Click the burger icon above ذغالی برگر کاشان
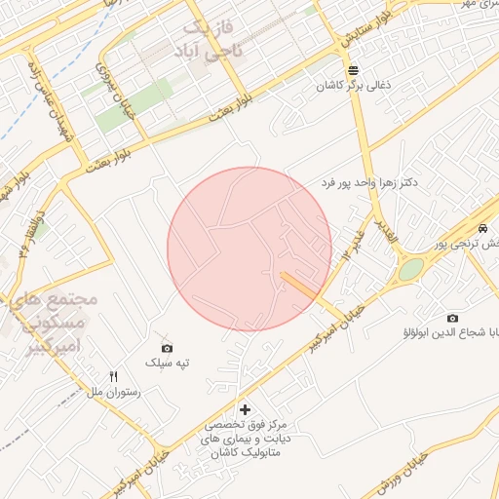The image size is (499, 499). pos(352,70)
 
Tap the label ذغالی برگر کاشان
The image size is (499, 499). pos(353,86)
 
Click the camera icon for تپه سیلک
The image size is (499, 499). pos(167,348)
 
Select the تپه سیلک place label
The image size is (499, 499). pos(167,363)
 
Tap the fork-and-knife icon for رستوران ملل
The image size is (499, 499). pos(114,376)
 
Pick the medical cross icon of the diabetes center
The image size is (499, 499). pos(244,409)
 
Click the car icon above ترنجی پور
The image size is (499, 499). pos(483,227)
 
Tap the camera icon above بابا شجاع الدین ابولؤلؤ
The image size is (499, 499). pos(452,318)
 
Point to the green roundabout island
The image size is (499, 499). pos(411,268)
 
